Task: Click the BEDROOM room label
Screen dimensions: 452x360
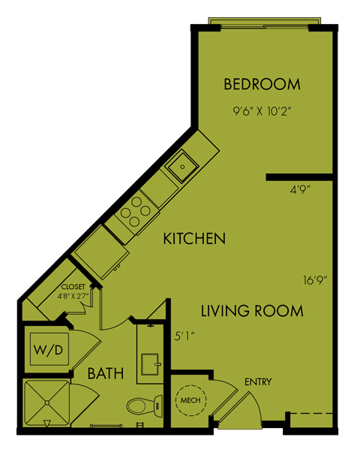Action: pos(262,84)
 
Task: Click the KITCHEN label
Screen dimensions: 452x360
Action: pos(195,240)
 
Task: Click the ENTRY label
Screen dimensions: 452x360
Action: pos(258,382)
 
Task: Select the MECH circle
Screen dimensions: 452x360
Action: pos(188,401)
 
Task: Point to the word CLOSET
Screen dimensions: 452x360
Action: pos(73,287)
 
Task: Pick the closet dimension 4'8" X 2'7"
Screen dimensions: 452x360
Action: pos(73,296)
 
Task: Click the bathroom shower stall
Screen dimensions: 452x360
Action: pos(45,403)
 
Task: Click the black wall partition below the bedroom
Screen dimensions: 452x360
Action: pos(298,177)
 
